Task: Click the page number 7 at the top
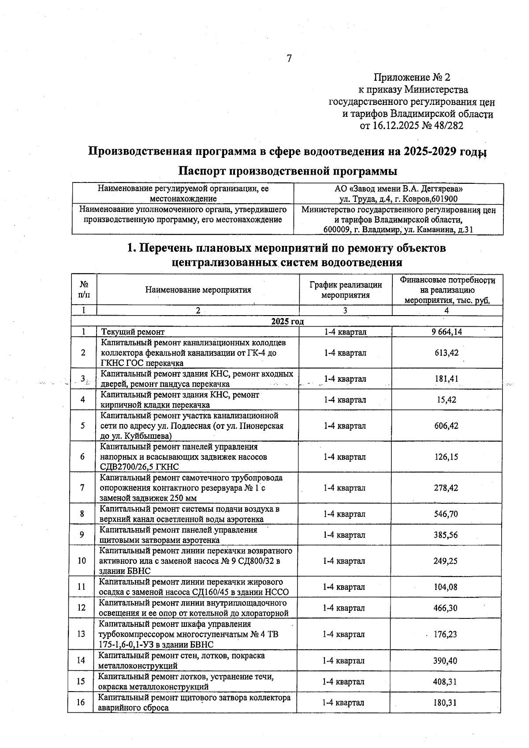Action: (x=289, y=58)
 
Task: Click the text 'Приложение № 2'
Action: (x=412, y=78)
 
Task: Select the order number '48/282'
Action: (x=448, y=126)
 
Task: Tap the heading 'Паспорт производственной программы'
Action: (x=287, y=171)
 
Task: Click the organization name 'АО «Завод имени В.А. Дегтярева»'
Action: (x=395, y=189)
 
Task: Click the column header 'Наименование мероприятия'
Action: (x=198, y=290)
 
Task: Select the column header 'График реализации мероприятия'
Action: (x=345, y=290)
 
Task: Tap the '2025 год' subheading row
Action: (x=287, y=321)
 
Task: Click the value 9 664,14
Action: (x=447, y=332)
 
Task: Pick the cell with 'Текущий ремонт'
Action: (x=133, y=332)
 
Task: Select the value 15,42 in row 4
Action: (x=446, y=400)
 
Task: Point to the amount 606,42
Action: (x=446, y=426)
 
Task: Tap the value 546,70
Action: (x=446, y=514)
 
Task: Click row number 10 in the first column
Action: (x=82, y=561)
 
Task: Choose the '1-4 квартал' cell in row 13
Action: (x=344, y=634)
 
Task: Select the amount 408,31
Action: (x=445, y=681)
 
